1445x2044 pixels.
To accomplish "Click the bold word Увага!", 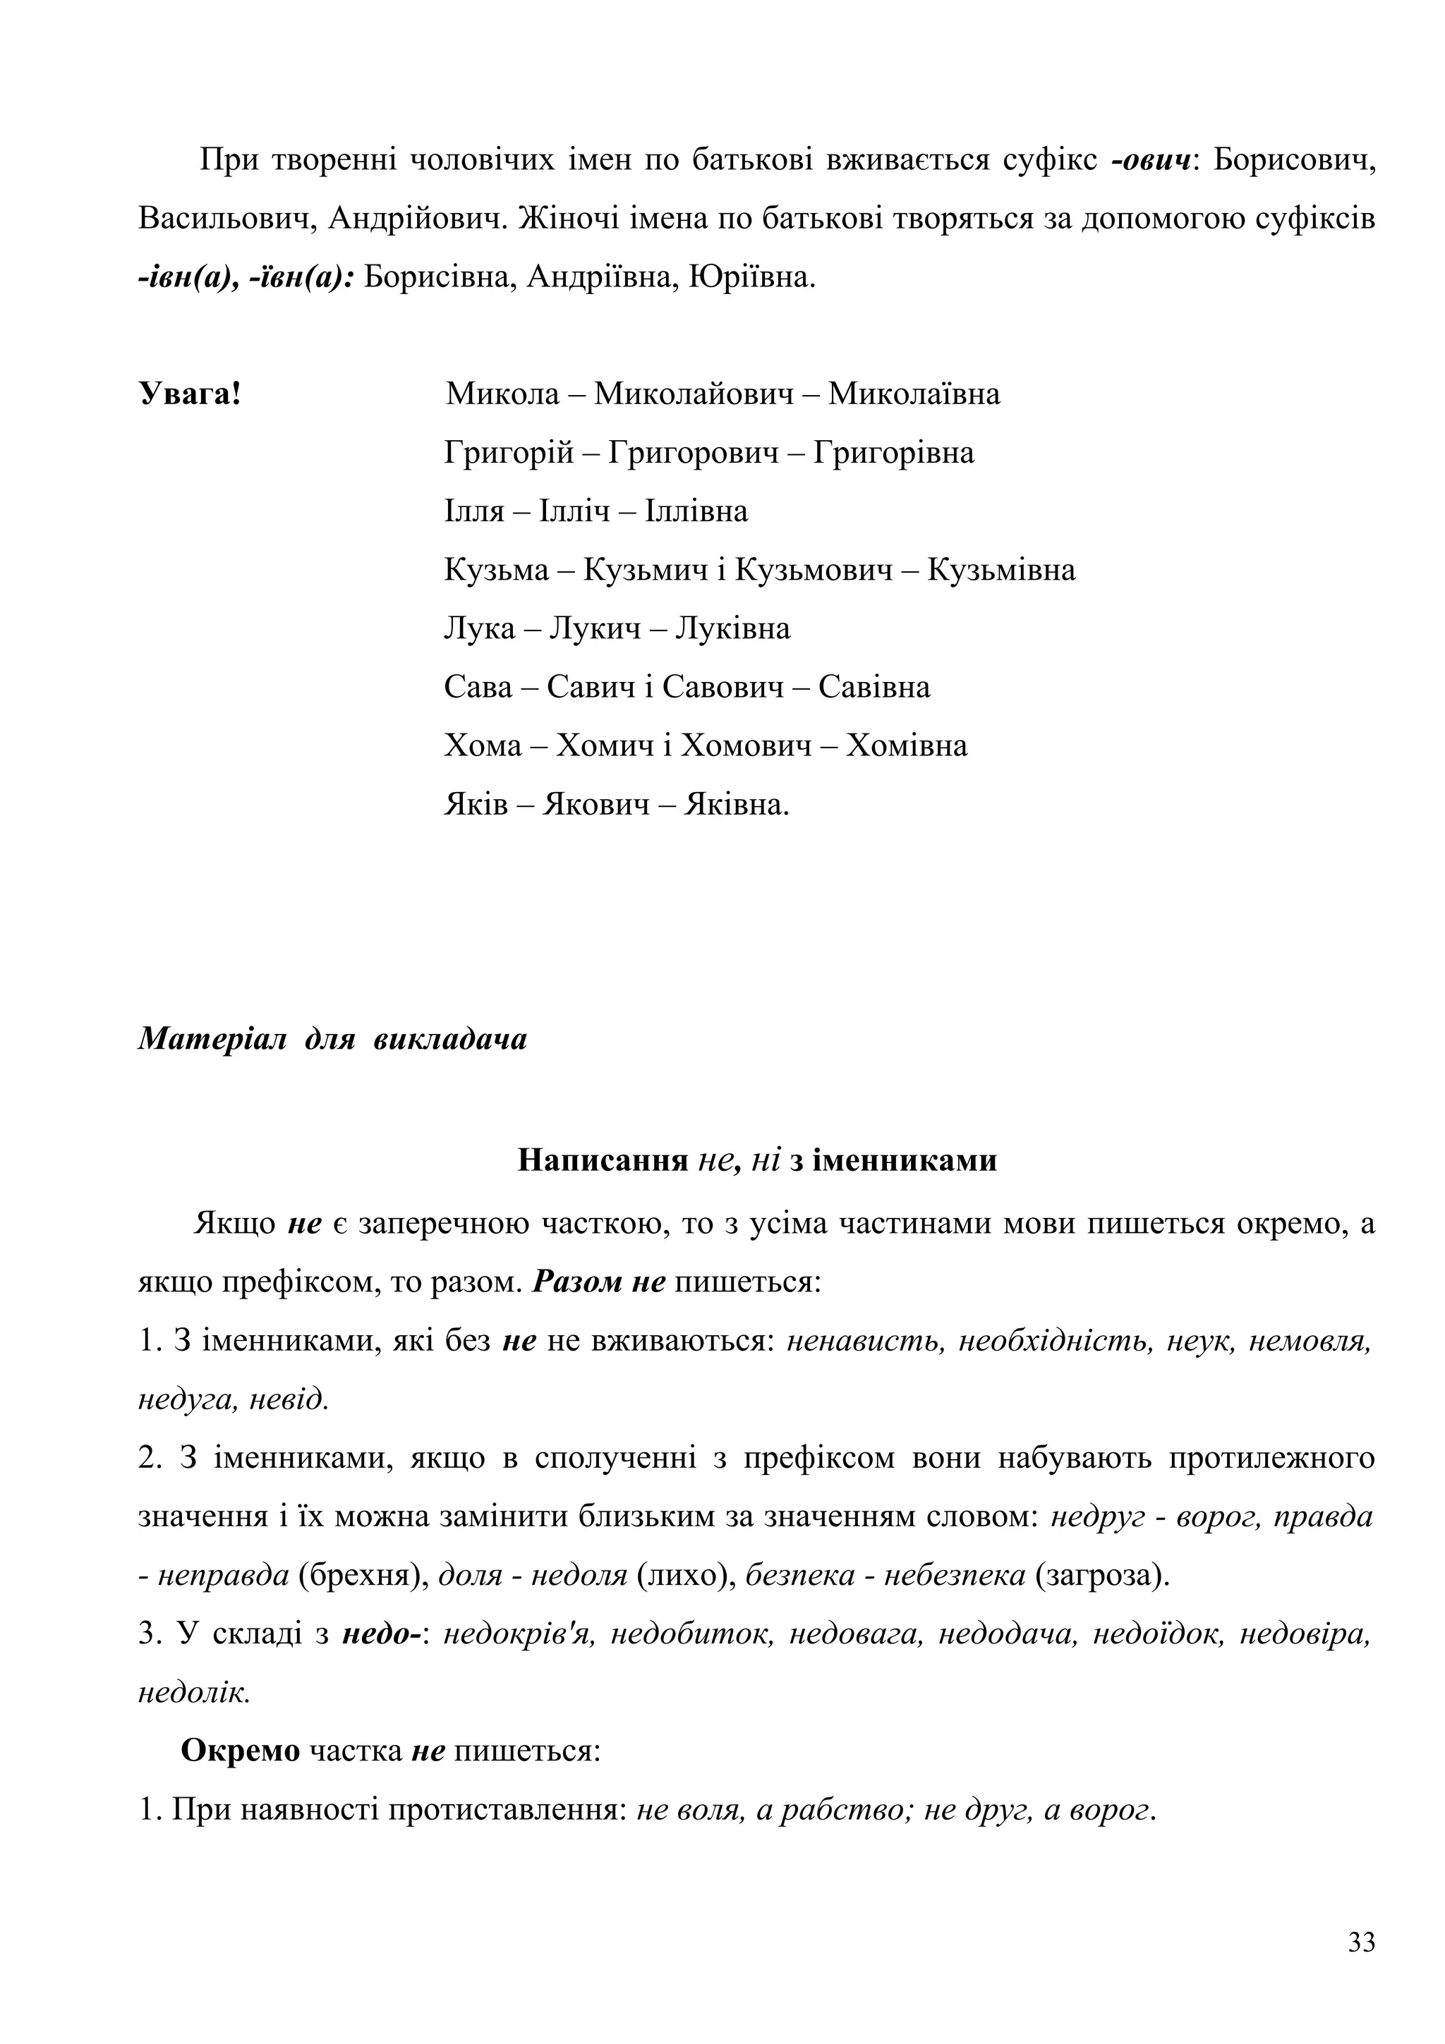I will (x=190, y=394).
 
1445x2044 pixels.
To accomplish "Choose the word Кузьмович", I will (x=815, y=570).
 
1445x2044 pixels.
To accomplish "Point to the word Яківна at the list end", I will (x=737, y=805).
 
